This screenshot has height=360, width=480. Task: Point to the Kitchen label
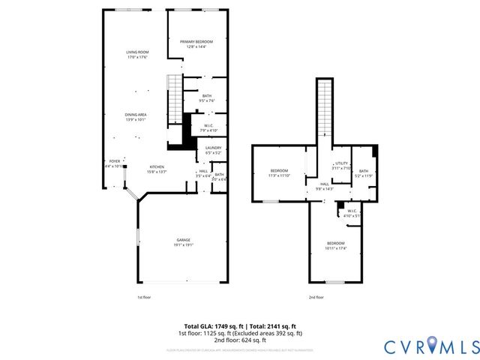click(156, 166)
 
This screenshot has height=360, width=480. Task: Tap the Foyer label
click(115, 161)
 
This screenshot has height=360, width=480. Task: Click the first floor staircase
click(173, 93)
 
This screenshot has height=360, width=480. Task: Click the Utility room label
click(341, 163)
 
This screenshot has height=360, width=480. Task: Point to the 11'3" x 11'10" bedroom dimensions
click(278, 175)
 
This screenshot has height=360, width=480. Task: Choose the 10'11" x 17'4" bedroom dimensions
click(335, 247)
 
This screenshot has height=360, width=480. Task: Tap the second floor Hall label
click(325, 184)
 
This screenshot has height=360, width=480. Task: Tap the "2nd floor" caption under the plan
click(316, 297)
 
